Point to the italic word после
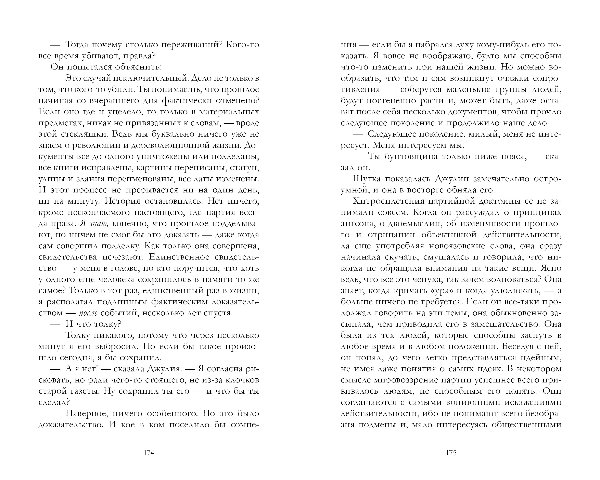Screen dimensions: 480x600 coord(88,313)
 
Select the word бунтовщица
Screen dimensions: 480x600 coord(410,157)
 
